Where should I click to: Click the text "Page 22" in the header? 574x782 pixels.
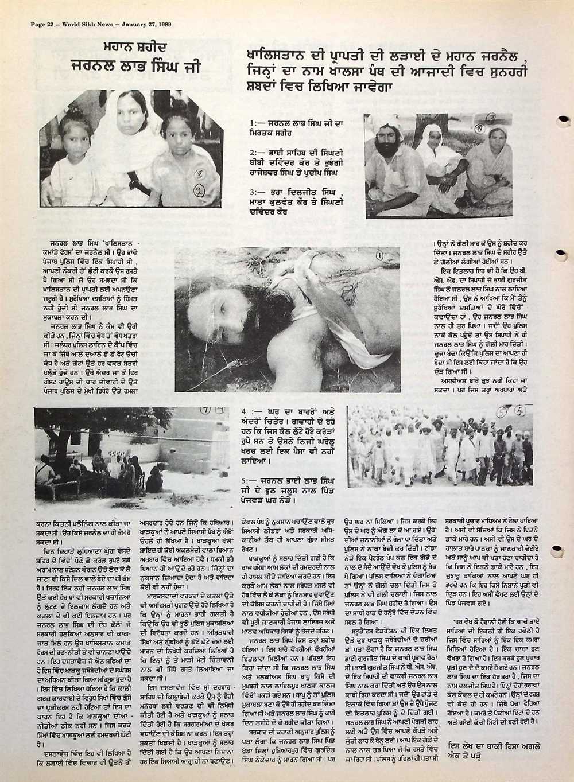(x=37, y=24)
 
